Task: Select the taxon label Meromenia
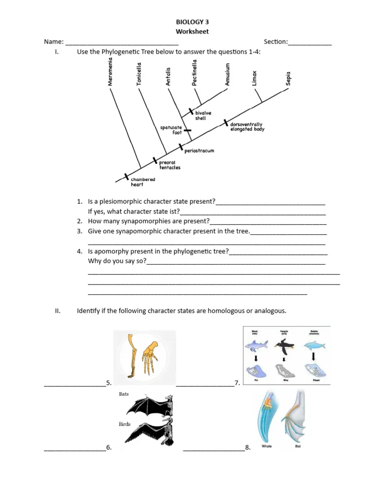111,72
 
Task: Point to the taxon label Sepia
288,78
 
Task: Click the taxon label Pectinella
195,73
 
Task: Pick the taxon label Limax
254,78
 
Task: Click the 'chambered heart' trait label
143,182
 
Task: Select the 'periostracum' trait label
199,151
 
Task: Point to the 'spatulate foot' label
171,130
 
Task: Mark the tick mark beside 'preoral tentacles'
155,160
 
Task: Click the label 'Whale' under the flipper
266,446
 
